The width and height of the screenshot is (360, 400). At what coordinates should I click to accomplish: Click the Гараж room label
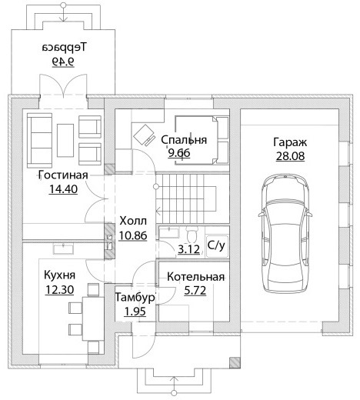tap(290, 142)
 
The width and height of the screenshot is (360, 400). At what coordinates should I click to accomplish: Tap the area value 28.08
tap(290, 156)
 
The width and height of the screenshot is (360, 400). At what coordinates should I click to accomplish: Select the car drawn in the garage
tap(286, 233)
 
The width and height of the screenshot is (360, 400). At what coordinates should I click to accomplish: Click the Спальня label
tap(184, 140)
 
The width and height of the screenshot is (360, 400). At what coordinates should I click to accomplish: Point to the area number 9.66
tap(179, 153)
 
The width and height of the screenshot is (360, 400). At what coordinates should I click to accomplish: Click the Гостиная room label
tap(63, 175)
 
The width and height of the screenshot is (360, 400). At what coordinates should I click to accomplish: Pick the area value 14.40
tap(63, 189)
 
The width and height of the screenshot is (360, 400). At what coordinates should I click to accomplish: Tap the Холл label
tap(133, 221)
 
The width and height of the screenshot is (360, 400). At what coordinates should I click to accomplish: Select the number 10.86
tap(133, 235)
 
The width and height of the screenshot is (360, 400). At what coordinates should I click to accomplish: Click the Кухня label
tap(59, 275)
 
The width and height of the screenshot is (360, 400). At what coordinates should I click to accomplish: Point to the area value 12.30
tap(59, 290)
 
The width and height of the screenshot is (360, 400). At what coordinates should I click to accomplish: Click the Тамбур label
tap(135, 298)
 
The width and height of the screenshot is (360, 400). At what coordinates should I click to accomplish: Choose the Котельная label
tap(195, 277)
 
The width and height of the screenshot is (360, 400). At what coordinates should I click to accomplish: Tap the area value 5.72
tap(195, 291)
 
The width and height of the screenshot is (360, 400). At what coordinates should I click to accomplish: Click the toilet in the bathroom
tap(191, 235)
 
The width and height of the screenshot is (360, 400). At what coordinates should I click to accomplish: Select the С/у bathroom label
tap(216, 245)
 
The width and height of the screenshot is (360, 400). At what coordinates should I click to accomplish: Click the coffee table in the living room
tap(65, 140)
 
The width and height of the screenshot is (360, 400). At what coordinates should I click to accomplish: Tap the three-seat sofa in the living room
tap(40, 140)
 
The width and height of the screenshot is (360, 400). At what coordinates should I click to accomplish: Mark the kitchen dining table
tap(93, 318)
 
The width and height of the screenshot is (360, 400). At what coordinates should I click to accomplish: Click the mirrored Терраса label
tap(65, 48)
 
